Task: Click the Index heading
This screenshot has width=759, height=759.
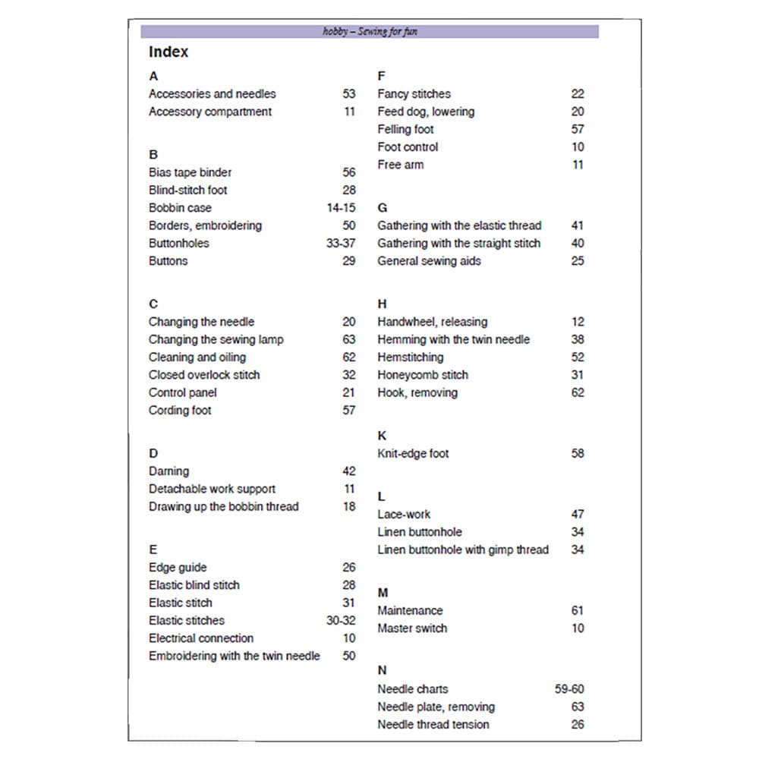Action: click(x=168, y=52)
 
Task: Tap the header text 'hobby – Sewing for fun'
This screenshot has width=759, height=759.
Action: click(x=370, y=32)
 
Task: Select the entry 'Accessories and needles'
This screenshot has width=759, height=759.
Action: click(x=213, y=94)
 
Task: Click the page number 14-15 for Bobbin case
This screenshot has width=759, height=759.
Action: click(x=341, y=208)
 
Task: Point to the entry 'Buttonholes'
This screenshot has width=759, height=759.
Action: click(x=179, y=243)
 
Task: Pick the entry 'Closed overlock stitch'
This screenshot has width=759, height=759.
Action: click(x=204, y=375)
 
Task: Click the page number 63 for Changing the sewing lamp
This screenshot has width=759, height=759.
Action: click(x=348, y=339)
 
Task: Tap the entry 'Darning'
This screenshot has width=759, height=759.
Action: click(x=169, y=471)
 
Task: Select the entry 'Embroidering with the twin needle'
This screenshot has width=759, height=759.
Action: click(x=235, y=656)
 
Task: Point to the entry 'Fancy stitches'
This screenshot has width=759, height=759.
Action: click(x=414, y=94)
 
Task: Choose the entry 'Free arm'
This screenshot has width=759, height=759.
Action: click(x=401, y=165)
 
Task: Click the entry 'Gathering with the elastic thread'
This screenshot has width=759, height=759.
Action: click(x=459, y=225)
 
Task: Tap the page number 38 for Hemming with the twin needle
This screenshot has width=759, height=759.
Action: click(x=578, y=339)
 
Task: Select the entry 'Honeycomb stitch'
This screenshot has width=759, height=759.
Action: click(x=423, y=375)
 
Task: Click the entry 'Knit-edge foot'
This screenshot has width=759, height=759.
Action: click(x=413, y=454)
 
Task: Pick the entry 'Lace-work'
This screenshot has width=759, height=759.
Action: click(x=404, y=514)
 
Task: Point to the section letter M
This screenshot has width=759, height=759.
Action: click(x=383, y=593)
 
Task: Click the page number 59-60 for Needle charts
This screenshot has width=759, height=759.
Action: click(x=569, y=689)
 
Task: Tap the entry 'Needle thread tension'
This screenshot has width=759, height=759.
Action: click(x=433, y=724)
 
